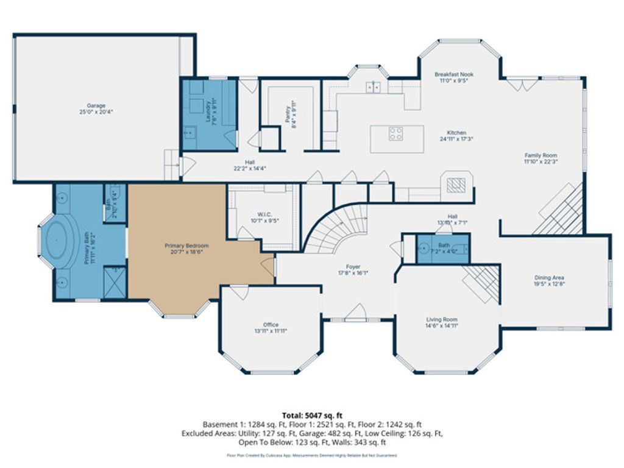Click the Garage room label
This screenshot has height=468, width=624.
tap(96, 108)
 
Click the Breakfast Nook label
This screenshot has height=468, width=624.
tap(454, 77)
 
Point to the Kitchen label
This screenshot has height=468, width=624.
tap(456, 135)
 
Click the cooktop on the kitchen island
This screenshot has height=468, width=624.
tap(395, 133)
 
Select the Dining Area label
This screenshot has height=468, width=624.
tap(549, 280)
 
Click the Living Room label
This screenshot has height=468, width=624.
tap(442, 322)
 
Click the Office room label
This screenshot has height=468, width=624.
tap(271, 328)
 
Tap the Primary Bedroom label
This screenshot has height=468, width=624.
tap(183, 249)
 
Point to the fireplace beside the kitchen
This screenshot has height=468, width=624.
tap(456, 185)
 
